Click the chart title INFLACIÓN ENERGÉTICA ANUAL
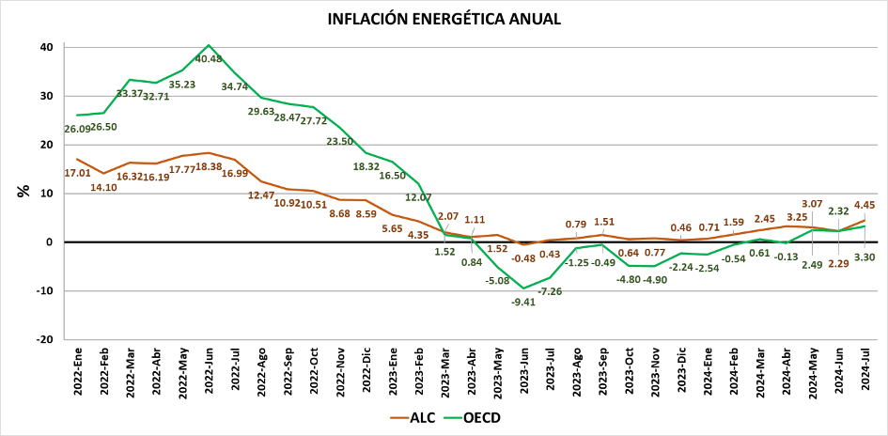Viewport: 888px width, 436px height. [x=444, y=18]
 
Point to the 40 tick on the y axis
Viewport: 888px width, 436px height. [x=46, y=47]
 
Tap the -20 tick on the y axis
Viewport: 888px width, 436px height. [x=44, y=339]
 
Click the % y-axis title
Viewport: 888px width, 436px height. [x=23, y=191]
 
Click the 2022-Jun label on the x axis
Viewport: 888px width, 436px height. [x=209, y=371]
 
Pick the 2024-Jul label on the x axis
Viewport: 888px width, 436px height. [x=865, y=371]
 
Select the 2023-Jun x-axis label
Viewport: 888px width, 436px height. [x=523, y=371]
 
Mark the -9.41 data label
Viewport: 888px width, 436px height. [x=523, y=302]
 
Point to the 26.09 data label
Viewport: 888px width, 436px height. [x=77, y=128]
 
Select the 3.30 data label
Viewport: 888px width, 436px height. [x=865, y=257]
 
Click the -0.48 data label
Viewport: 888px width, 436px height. [x=523, y=258]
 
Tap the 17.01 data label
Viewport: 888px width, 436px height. [x=77, y=173]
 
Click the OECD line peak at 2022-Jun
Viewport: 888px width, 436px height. [x=209, y=45]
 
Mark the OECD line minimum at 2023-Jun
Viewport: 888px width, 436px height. [x=523, y=288]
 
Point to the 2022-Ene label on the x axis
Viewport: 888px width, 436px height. [x=77, y=371]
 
